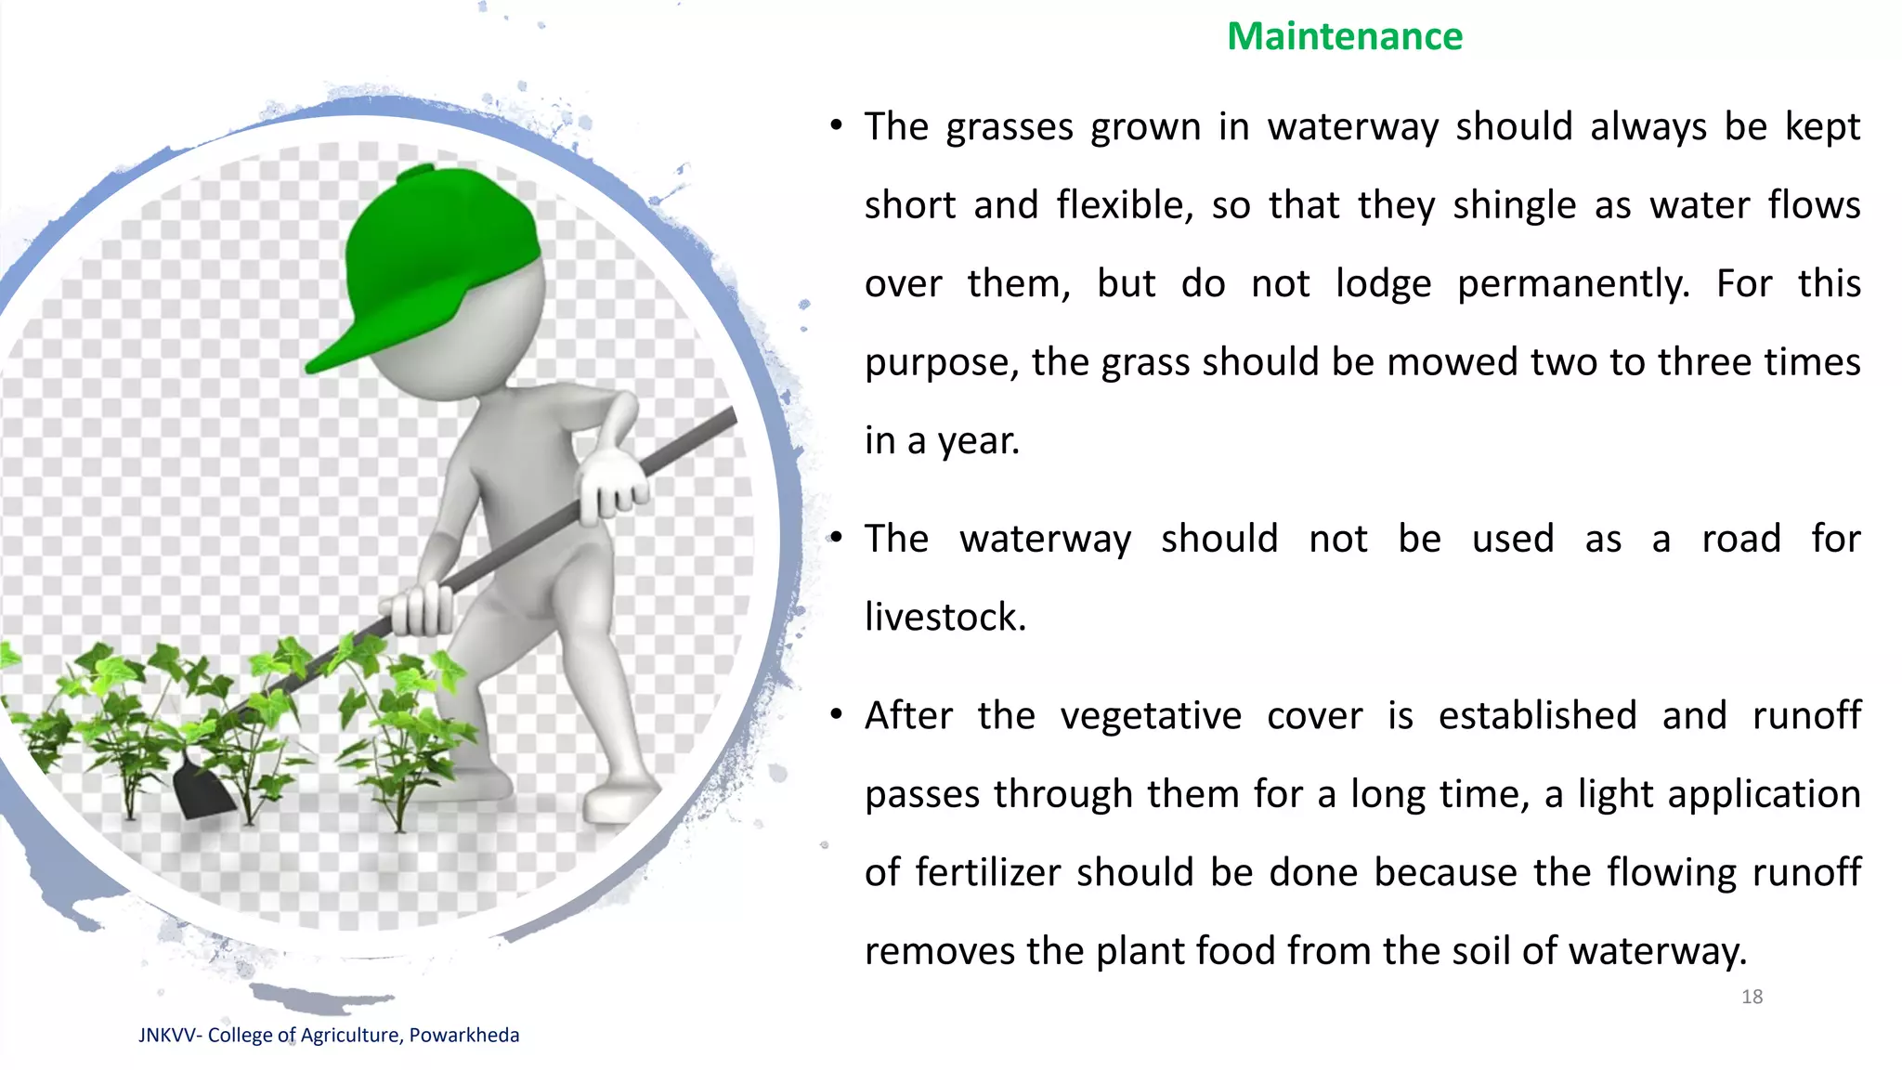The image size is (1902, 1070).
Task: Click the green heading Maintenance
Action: tap(1344, 37)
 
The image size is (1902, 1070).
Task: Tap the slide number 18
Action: tap(1752, 997)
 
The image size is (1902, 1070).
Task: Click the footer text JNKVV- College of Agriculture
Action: tap(328, 1035)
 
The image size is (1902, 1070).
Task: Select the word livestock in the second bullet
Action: tap(944, 617)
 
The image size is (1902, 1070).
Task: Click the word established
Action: tap(1537, 716)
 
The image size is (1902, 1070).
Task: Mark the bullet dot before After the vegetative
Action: tap(836, 714)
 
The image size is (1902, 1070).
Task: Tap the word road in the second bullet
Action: tap(1740, 539)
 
